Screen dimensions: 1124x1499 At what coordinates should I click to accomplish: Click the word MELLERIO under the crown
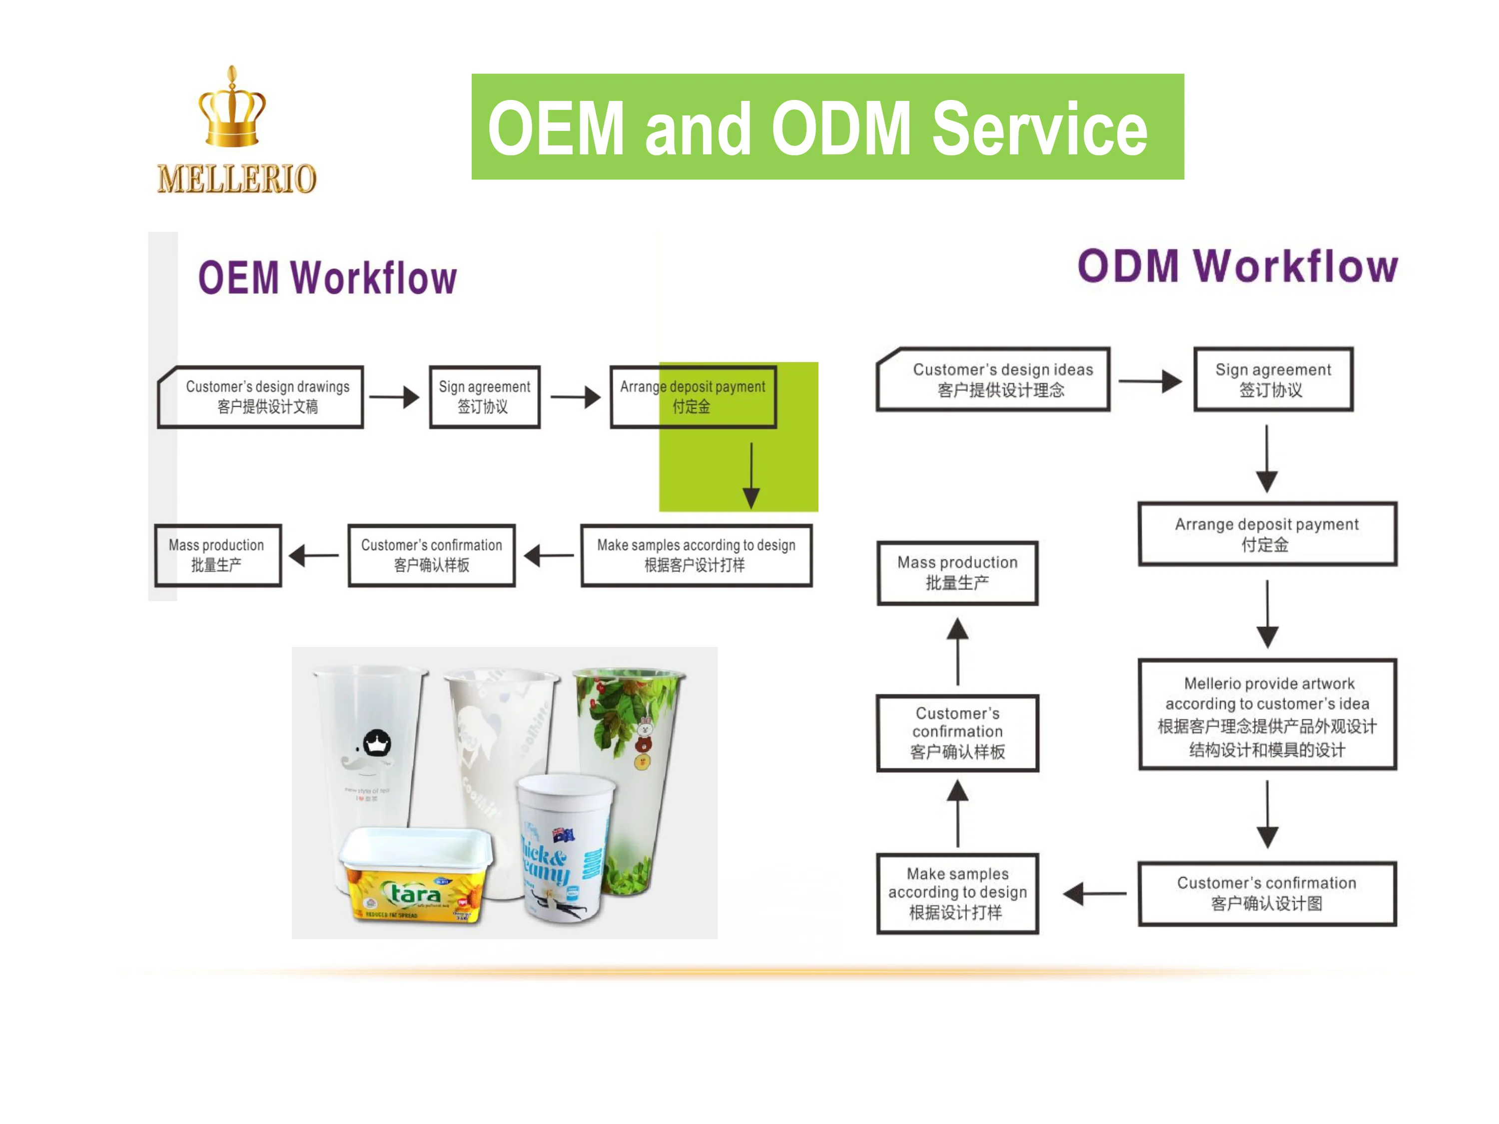pyautogui.click(x=236, y=179)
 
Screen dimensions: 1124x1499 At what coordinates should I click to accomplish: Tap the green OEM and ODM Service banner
pyautogui.click(x=827, y=127)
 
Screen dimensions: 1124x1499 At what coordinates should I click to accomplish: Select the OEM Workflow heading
pyautogui.click(x=327, y=278)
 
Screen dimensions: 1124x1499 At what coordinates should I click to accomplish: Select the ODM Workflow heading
pyautogui.click(x=1237, y=266)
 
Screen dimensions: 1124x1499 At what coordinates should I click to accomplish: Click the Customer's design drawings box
pyautogui.click(x=261, y=397)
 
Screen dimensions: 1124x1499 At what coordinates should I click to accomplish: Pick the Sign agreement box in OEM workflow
pyautogui.click(x=485, y=397)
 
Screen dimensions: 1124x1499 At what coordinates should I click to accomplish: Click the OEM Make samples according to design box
pyautogui.click(x=696, y=555)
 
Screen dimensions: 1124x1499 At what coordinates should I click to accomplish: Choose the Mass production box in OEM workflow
pyautogui.click(x=217, y=555)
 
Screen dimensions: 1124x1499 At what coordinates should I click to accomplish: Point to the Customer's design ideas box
pyautogui.click(x=993, y=379)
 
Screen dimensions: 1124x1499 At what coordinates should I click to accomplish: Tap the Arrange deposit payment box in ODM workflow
pyautogui.click(x=1267, y=534)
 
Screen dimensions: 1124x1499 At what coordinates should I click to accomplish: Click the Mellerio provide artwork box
pyautogui.click(x=1267, y=715)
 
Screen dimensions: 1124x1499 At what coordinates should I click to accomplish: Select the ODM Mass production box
pyautogui.click(x=957, y=572)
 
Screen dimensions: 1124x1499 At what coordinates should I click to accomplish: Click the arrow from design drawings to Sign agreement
pyautogui.click(x=394, y=397)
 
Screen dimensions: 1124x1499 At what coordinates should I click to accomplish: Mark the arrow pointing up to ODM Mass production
pyautogui.click(x=957, y=650)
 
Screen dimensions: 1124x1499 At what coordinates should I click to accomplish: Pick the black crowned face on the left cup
pyautogui.click(x=377, y=743)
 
